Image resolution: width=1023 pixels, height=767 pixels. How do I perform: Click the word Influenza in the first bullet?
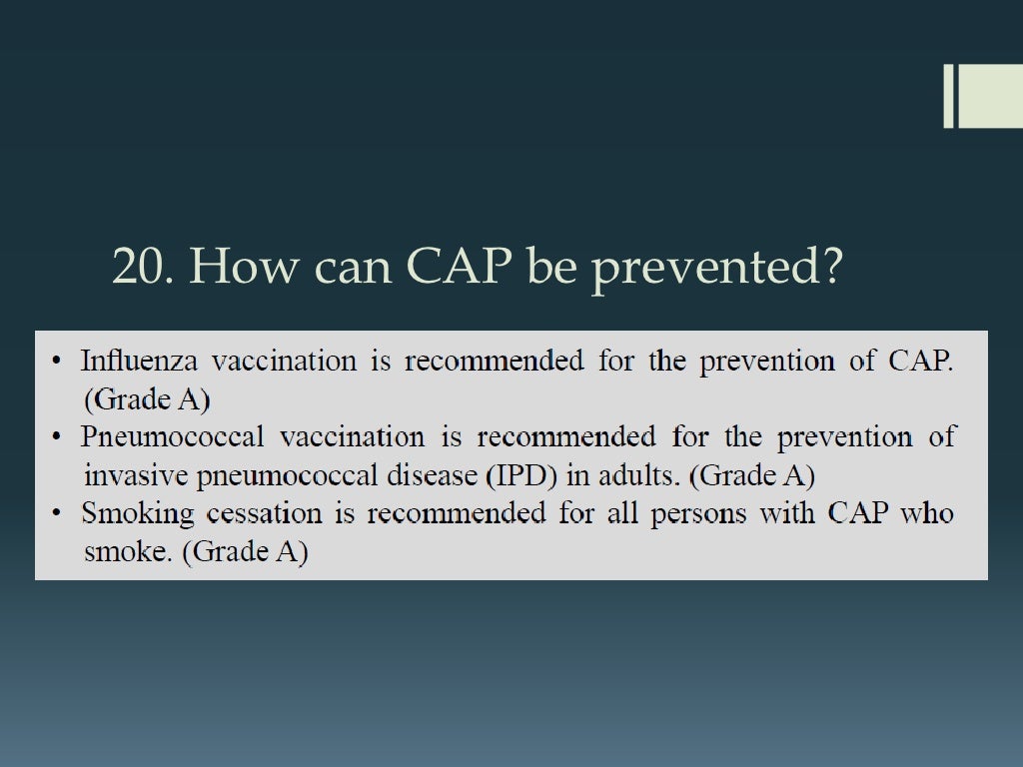click(x=139, y=361)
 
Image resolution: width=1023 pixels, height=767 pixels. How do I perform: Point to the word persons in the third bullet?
click(x=701, y=514)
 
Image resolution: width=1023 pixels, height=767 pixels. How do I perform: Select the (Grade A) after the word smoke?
click(x=245, y=552)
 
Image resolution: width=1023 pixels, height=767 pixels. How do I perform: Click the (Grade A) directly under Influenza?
click(x=146, y=399)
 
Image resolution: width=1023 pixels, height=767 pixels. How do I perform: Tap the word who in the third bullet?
click(x=926, y=514)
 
